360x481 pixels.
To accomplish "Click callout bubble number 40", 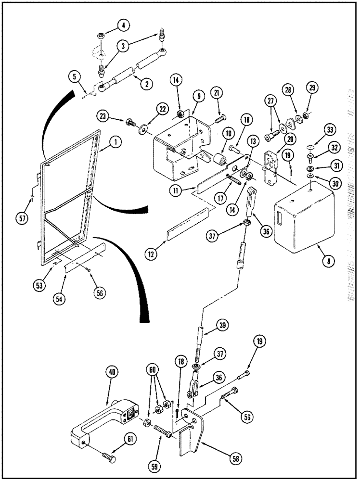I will pyautogui.click(x=112, y=372).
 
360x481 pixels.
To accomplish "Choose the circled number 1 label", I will pyautogui.click(x=115, y=142).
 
